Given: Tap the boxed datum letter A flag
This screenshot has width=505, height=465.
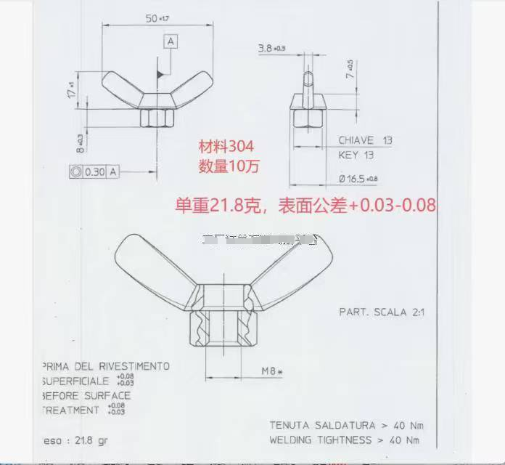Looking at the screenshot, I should [x=171, y=41].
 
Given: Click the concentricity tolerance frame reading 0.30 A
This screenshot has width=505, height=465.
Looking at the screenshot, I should [x=94, y=172].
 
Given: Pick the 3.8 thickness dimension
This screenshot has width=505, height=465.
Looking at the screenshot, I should [x=271, y=49].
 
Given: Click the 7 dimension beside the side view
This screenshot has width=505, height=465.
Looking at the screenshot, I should [x=350, y=70].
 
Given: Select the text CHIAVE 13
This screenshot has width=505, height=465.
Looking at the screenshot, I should [x=366, y=141].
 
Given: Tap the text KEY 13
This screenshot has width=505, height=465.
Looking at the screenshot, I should [x=356, y=155].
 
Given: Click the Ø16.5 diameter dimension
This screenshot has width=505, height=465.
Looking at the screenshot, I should [x=358, y=178].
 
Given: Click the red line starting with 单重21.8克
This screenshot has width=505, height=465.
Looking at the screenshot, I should [x=305, y=206].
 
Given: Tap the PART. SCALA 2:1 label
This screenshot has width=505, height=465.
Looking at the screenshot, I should [x=382, y=312].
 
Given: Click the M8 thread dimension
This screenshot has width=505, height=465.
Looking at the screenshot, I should [x=272, y=371].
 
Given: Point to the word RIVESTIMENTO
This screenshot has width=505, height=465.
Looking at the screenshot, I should [x=132, y=366].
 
